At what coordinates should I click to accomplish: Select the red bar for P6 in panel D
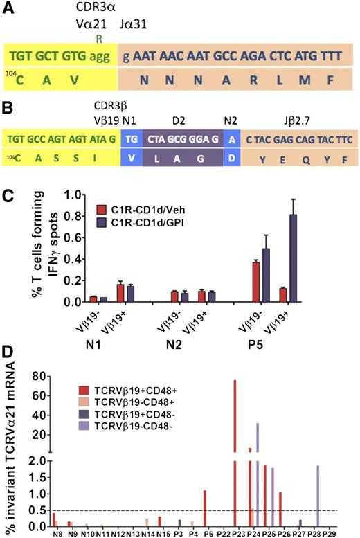tap(205, 509)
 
